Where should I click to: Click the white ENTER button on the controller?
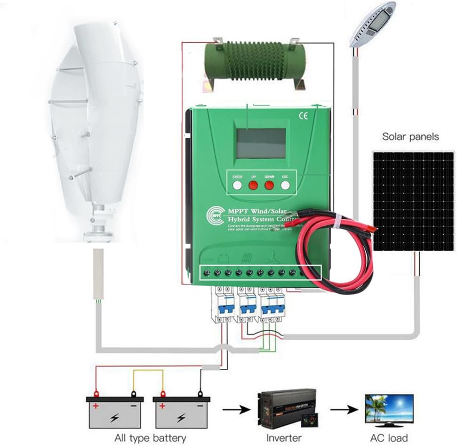[x=237, y=185]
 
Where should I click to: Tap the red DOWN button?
[x=269, y=185]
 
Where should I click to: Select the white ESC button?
[x=285, y=185]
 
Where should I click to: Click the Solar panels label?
[x=410, y=137]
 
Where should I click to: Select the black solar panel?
[x=413, y=201]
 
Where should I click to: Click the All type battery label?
[x=150, y=438]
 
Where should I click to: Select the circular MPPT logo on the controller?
[x=215, y=216]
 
